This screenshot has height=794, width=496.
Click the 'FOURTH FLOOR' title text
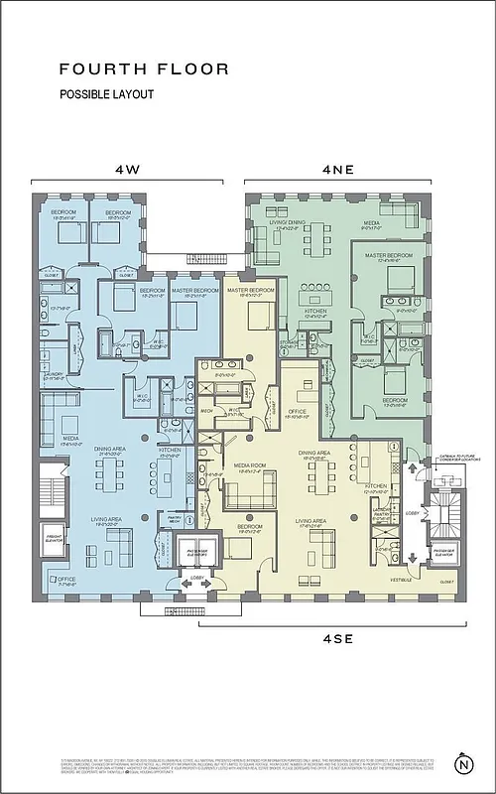144,69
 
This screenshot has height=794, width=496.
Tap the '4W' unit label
127,169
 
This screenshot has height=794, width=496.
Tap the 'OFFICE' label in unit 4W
66,580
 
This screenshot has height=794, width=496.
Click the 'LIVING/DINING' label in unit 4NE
285,225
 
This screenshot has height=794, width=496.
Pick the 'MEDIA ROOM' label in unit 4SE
248,465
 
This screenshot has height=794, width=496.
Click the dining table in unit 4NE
317,240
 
